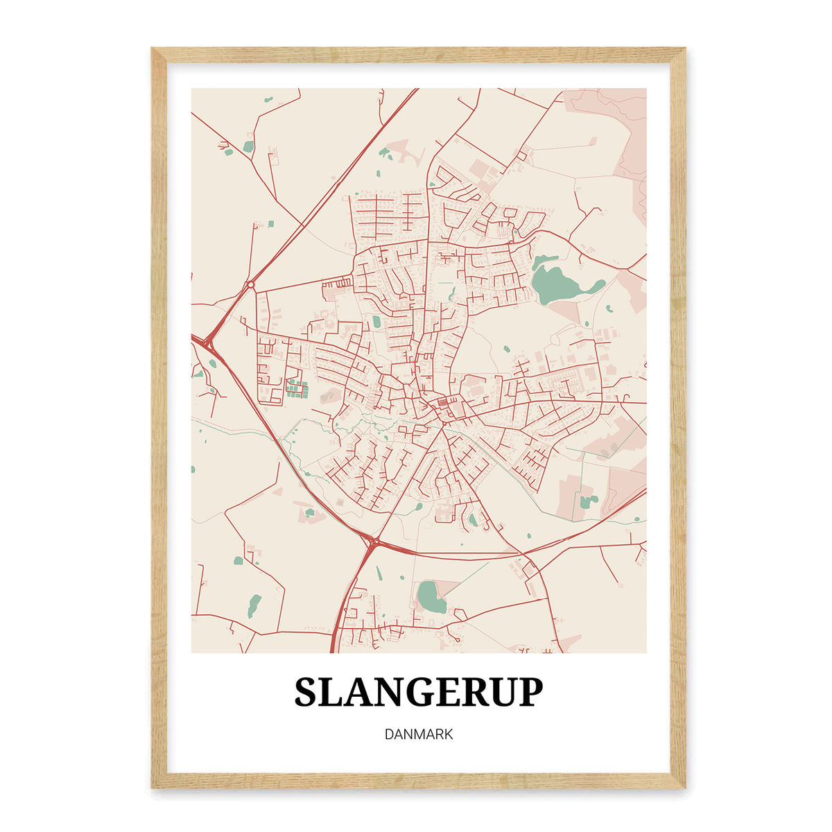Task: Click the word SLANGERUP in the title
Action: [419, 692]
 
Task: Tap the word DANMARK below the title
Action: [419, 734]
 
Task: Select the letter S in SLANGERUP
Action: [307, 692]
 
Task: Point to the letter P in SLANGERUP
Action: [530, 692]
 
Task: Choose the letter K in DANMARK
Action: [448, 734]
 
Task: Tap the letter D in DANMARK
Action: [389, 734]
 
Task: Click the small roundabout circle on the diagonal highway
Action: [250, 284]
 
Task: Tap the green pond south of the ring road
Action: [431, 596]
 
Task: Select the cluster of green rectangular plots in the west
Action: [297, 390]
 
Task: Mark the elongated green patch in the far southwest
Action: [254, 606]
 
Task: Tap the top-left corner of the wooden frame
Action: [154, 50]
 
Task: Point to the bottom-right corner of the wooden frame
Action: [683, 786]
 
